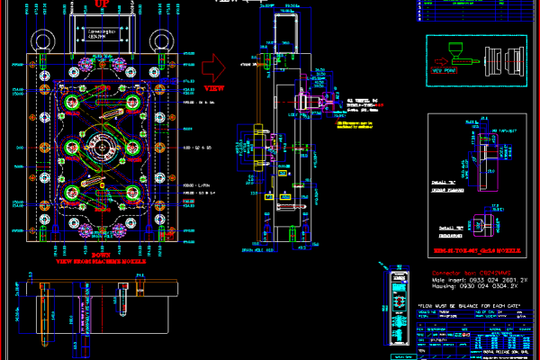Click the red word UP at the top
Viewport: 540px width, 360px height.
102,4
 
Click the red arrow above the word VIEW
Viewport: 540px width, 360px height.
213,66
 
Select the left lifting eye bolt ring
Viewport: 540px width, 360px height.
43,41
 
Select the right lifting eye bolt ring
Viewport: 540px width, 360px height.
163,41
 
